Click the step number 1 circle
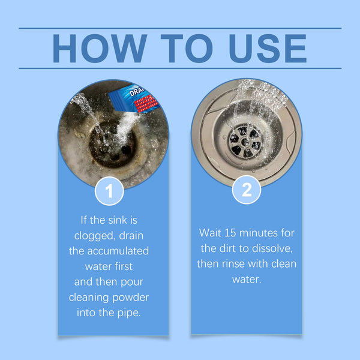[110, 192]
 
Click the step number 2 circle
[247, 190]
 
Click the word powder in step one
[129, 297]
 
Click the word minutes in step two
[263, 232]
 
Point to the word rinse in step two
[236, 263]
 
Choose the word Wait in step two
[211, 232]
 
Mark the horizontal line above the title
[180, 28]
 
